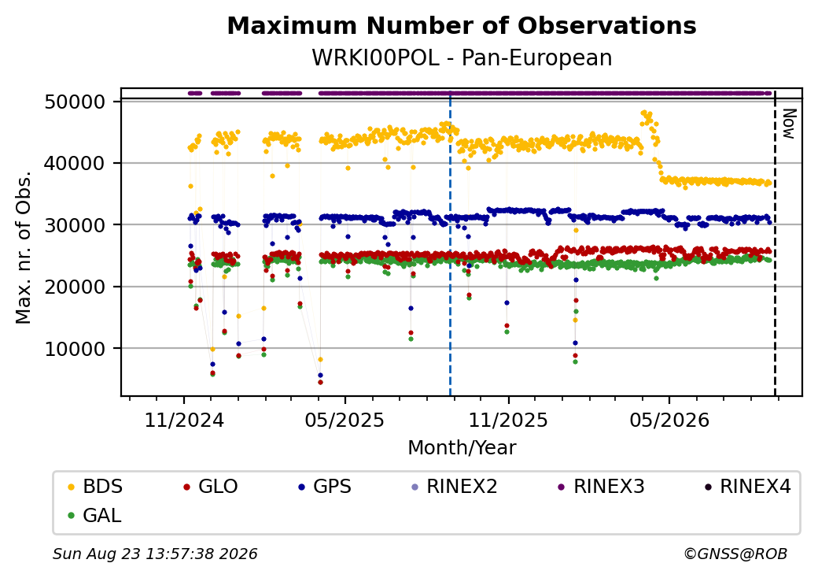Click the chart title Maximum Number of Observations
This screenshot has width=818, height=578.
(x=462, y=25)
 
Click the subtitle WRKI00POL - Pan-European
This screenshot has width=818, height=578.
(x=462, y=58)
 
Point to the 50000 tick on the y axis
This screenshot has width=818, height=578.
(x=76, y=102)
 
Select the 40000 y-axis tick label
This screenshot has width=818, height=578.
(x=76, y=164)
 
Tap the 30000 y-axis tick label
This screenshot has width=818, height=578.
(x=76, y=225)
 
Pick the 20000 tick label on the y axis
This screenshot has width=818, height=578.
(x=76, y=287)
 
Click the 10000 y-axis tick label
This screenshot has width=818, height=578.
(x=76, y=349)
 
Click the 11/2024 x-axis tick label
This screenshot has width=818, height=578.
(x=184, y=421)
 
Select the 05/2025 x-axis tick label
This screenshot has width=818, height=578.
(x=345, y=421)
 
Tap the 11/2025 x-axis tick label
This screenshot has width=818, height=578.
(x=509, y=421)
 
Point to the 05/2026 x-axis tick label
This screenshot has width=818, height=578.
(x=670, y=421)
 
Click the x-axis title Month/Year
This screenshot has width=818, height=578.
(x=462, y=448)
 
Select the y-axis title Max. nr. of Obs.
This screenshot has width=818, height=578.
(x=24, y=247)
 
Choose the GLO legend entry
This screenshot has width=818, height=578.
(x=211, y=487)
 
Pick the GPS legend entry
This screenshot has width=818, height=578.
(x=325, y=487)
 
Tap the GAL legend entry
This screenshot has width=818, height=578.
(x=94, y=515)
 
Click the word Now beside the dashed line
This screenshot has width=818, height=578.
(x=789, y=124)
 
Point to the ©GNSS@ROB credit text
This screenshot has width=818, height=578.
(x=735, y=554)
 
